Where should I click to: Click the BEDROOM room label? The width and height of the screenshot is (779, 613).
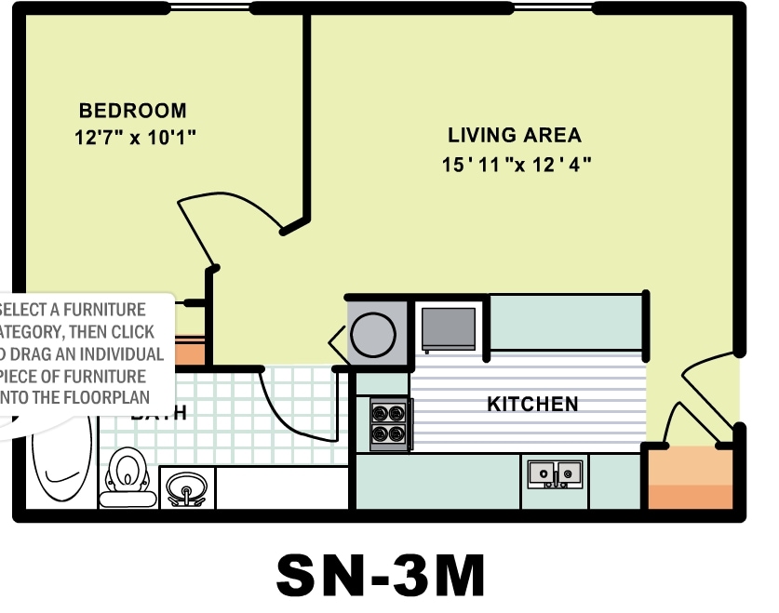(132, 111)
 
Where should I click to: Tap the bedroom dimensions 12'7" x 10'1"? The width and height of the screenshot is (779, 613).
(135, 139)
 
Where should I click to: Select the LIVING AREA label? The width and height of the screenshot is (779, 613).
(515, 135)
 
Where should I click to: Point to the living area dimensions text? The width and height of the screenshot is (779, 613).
(517, 165)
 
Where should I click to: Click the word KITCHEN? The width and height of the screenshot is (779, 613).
(532, 404)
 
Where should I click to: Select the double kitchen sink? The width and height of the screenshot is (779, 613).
(555, 473)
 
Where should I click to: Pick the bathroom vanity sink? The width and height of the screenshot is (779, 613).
(187, 487)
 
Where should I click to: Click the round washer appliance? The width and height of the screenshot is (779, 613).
(377, 333)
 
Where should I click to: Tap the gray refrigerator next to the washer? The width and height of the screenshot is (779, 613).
(449, 327)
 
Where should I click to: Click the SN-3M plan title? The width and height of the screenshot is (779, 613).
(381, 577)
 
